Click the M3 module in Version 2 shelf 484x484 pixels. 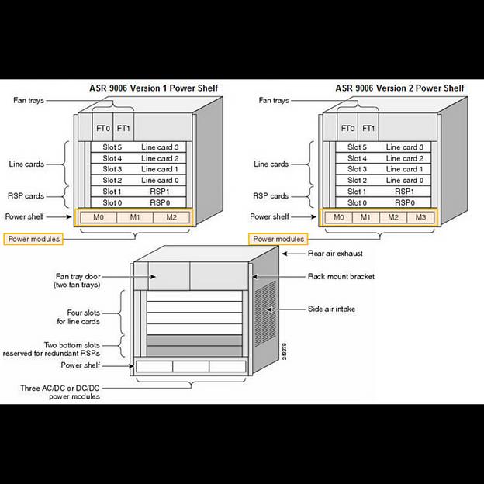click(420, 217)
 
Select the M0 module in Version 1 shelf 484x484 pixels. click(99, 217)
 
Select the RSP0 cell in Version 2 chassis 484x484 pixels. click(403, 202)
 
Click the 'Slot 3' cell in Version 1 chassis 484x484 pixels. click(113, 168)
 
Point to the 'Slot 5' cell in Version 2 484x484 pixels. click(358, 147)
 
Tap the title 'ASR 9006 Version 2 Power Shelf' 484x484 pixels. click(399, 88)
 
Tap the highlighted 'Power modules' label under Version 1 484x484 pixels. click(33, 239)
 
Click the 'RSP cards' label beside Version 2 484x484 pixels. click(271, 196)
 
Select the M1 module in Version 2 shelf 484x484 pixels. click(366, 217)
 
